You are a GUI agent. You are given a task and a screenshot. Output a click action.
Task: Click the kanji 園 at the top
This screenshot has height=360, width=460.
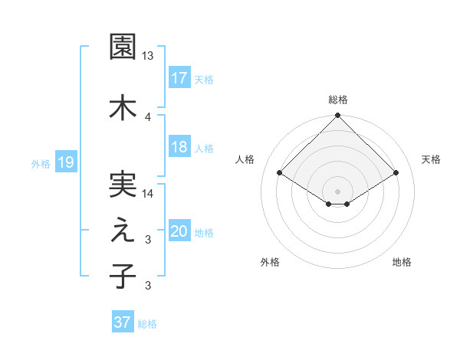tap(123, 47)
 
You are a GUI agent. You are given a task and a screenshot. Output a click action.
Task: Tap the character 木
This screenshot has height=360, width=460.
tap(123, 106)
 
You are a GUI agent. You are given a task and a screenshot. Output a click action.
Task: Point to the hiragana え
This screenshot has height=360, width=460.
tap(123, 233)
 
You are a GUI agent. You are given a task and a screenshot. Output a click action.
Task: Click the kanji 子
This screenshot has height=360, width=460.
tap(123, 276)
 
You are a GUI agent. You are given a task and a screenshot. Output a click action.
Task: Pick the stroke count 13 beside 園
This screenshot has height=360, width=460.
tap(148, 56)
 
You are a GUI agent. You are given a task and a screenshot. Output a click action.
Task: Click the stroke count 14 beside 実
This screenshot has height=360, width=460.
tap(148, 194)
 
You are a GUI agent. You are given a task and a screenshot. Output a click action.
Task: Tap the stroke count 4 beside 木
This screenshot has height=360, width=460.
tap(148, 116)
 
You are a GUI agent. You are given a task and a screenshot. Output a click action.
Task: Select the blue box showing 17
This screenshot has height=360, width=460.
tap(179, 77)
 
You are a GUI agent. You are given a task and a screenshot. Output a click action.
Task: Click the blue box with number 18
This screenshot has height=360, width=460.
tap(179, 147)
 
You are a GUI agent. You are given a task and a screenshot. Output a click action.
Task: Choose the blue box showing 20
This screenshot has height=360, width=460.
tap(179, 231)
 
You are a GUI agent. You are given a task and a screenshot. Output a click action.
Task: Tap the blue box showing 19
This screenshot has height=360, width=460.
tap(66, 162)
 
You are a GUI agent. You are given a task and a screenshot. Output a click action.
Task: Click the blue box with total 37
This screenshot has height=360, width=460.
tap(123, 322)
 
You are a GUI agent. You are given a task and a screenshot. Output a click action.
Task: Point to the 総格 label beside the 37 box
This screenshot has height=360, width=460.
tap(147, 324)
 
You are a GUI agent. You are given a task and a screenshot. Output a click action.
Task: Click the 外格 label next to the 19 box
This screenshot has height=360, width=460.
tap(41, 163)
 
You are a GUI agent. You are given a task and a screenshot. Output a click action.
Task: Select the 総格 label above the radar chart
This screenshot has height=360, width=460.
tap(338, 100)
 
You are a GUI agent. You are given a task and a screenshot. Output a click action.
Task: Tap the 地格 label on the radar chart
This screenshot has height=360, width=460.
tap(402, 263)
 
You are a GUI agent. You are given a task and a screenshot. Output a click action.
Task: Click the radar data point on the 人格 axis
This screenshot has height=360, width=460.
tap(280, 173)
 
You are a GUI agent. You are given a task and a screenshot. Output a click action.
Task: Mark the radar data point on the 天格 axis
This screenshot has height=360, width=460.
tap(396, 173)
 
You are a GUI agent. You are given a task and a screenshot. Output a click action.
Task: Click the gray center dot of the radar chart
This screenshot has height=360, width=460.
tap(337, 190)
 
